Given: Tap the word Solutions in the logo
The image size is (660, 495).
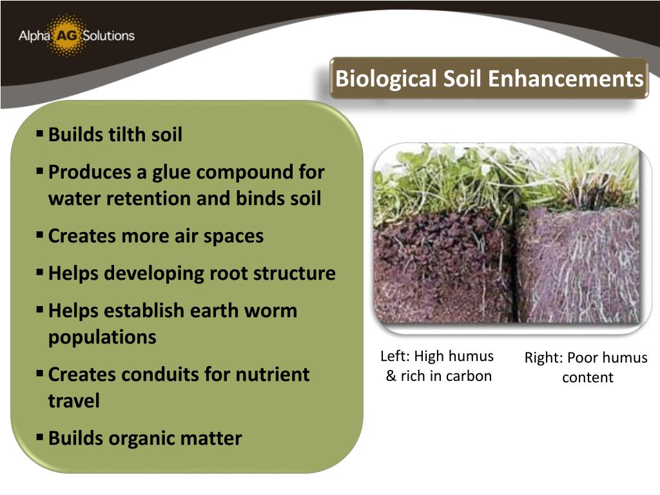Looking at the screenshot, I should point(108,35).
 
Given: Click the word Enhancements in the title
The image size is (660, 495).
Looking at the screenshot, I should point(565,79).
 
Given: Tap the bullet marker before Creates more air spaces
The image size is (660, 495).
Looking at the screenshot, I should point(40,235).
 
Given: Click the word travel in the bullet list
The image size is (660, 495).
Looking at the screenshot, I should point(73,401).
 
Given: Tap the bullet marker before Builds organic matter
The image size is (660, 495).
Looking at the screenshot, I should point(40,438).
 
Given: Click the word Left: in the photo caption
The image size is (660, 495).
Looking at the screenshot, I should point(394,356).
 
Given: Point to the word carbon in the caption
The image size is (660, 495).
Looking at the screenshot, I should point(470,376).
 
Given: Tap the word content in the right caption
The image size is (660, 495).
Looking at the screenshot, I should point(587,378).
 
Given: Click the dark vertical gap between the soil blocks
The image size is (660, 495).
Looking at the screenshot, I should point(514,271).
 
